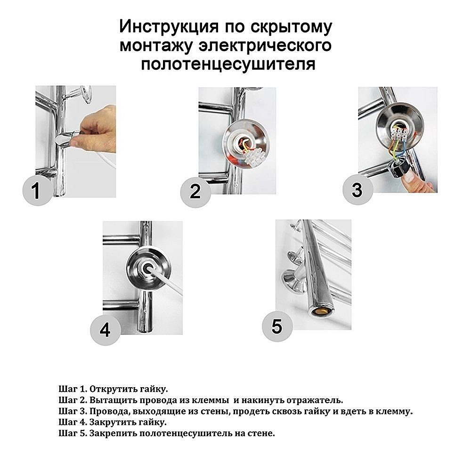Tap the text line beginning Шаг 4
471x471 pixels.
coord(113,422)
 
